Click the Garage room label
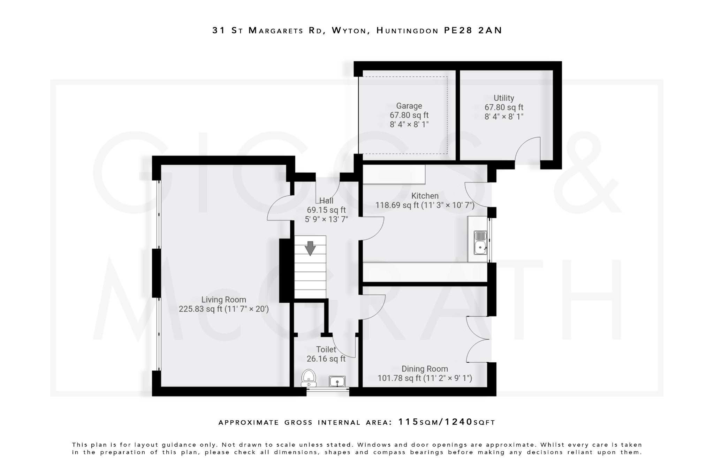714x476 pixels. tap(409, 106)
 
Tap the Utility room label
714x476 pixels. tap(504, 98)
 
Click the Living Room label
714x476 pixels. tap(223, 300)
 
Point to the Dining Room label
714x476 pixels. tap(425, 369)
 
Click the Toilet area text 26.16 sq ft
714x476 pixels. tap(326, 358)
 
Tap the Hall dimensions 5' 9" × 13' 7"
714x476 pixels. tap(326, 219)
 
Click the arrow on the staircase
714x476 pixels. tap(310, 248)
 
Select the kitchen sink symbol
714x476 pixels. tap(480, 243)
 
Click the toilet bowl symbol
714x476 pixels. tap(309, 378)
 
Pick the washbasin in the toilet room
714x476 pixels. tap(337, 381)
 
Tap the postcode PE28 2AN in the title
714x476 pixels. tap(473, 30)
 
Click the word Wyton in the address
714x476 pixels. tap(350, 31)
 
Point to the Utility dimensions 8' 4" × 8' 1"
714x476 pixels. tap(504, 117)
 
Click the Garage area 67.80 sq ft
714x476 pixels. tap(409, 115)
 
